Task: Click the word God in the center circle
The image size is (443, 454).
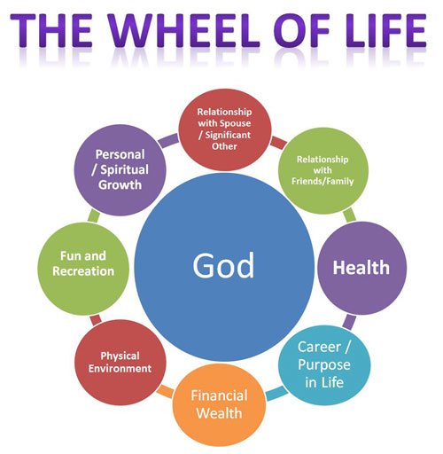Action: point(223,265)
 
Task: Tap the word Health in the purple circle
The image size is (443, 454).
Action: point(361,268)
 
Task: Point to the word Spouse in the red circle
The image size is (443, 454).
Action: point(235,123)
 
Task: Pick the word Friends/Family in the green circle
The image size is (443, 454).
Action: point(323,181)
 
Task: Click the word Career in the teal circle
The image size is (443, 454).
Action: point(319,347)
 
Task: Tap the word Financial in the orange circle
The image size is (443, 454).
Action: point(219,395)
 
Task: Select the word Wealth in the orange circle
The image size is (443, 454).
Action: point(219,413)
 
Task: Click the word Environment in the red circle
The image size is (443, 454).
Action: point(120,369)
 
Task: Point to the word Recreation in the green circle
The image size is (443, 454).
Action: point(83,271)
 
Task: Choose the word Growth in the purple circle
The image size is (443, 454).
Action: point(120,184)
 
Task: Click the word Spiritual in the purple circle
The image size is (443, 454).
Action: point(124,169)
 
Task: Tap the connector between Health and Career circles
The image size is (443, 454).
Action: point(349,322)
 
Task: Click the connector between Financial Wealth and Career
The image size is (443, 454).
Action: point(276,393)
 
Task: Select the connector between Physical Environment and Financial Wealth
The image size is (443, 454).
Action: point(165,391)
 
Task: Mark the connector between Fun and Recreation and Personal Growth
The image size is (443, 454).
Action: point(94,215)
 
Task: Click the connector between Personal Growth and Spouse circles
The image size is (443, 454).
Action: point(168,140)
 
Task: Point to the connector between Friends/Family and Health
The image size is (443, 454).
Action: point(349,215)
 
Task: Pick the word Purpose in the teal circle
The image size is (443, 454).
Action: point(324,365)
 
